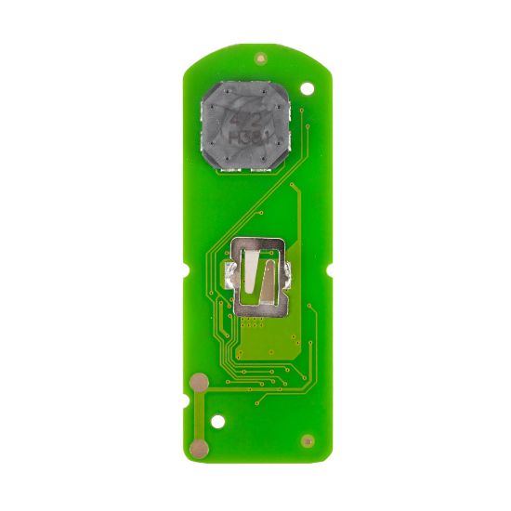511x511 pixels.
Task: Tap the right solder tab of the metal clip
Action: click(290, 275)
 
